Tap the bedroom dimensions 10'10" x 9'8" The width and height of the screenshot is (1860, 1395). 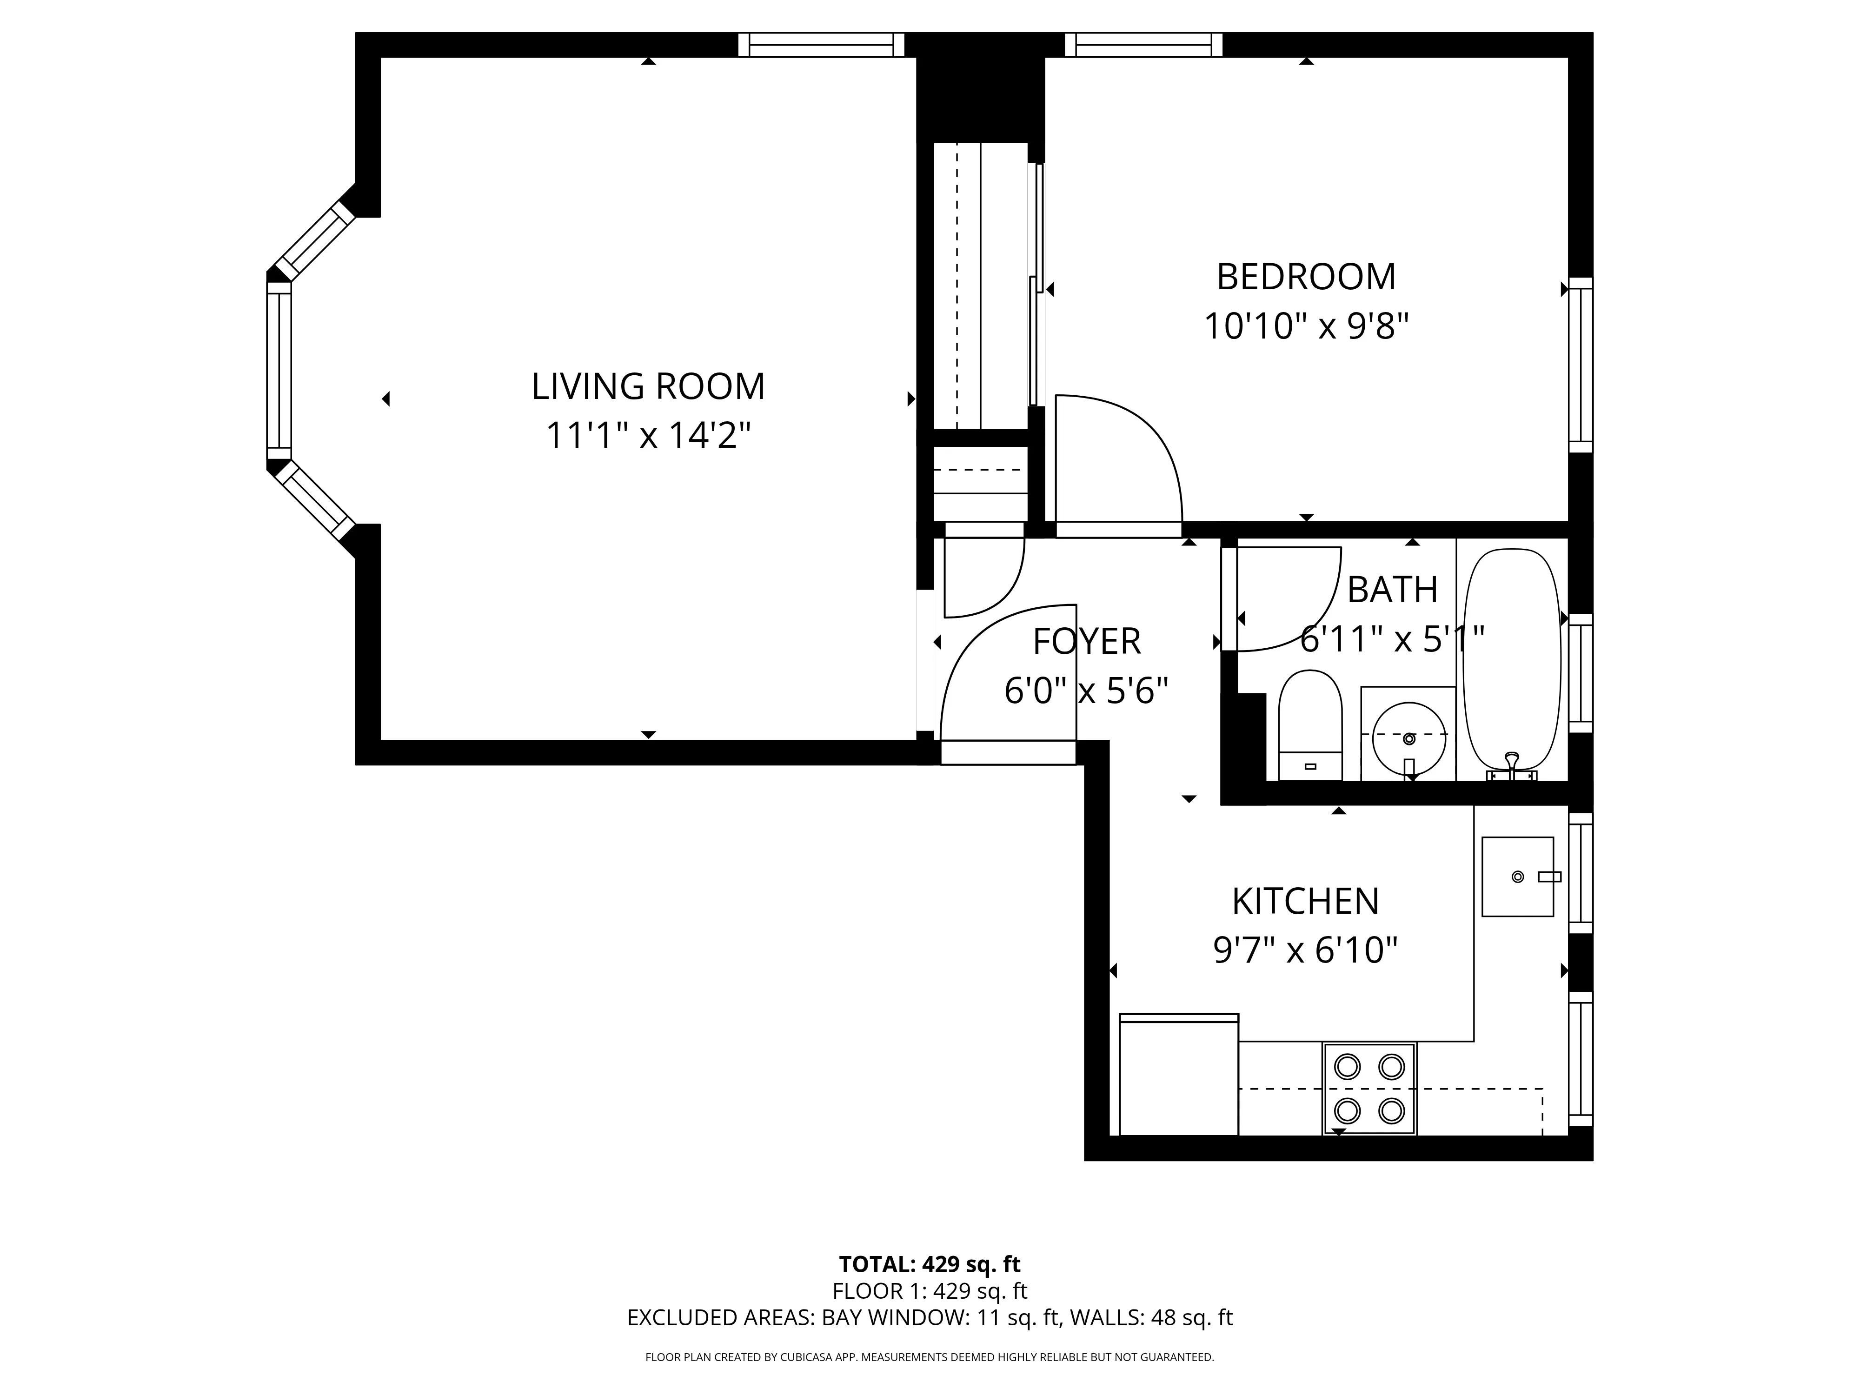[1306, 326]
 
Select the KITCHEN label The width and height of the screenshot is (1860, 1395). [1305, 902]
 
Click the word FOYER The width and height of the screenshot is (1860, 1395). [1086, 642]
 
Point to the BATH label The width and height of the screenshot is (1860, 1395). [1392, 590]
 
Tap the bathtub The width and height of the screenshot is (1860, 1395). [1512, 656]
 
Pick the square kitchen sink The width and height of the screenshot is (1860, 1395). [1517, 876]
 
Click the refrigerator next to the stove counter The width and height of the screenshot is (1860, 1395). [1179, 1076]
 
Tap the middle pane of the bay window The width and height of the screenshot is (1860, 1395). [279, 370]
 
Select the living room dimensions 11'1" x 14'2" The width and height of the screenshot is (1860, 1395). [648, 436]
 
